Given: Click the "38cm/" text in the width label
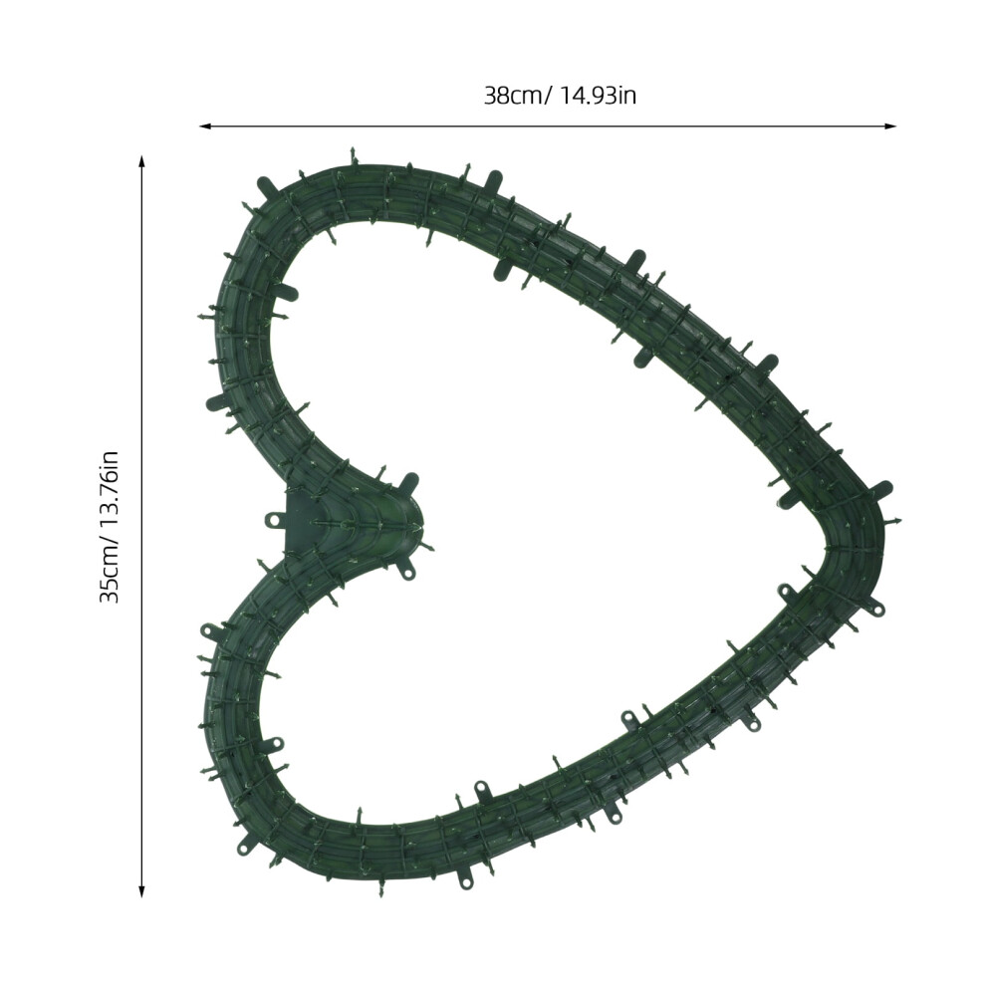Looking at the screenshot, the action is (518, 96).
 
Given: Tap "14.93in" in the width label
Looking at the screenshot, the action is (598, 96).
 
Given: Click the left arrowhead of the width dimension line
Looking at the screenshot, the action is (205, 126).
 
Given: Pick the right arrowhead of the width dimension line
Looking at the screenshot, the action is (890, 126).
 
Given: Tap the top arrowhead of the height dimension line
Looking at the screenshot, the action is (142, 161).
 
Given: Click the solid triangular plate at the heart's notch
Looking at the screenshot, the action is (302, 519).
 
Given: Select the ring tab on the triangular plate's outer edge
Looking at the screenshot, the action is (273, 520).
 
